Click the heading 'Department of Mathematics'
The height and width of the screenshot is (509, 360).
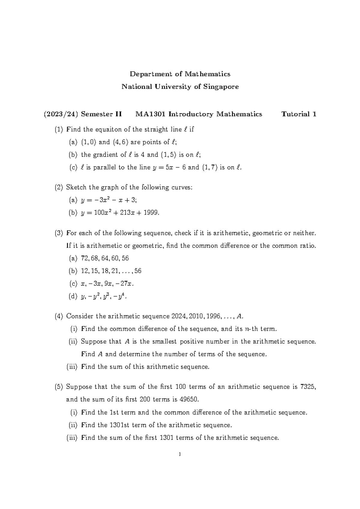click(180, 74)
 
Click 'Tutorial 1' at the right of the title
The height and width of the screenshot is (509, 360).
click(299, 114)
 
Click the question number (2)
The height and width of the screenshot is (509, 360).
click(59, 188)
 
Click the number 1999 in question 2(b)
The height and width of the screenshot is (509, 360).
click(150, 213)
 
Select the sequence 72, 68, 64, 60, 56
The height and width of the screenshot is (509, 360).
click(105, 258)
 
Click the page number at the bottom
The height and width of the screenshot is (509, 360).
click(180, 454)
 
